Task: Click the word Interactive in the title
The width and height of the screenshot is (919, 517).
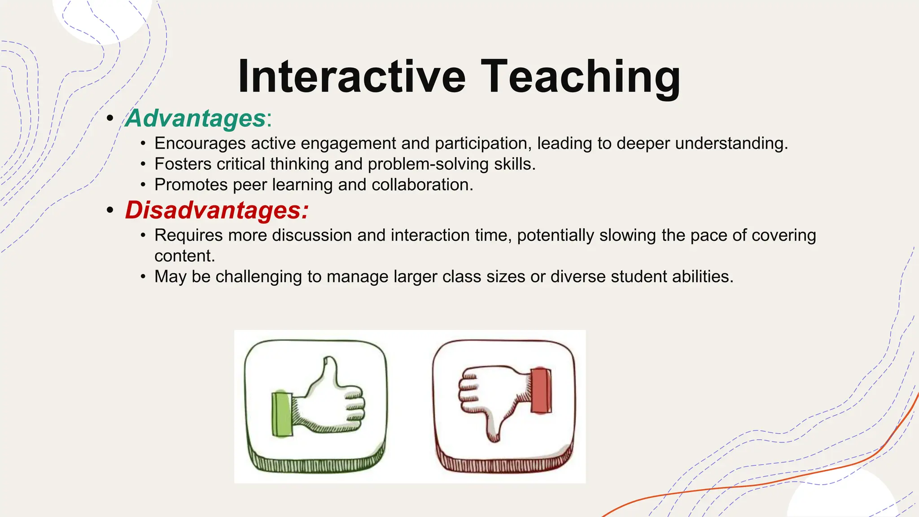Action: point(352,77)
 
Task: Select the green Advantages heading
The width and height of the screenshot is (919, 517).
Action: point(196,118)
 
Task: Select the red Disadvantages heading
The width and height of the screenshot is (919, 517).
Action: point(216,210)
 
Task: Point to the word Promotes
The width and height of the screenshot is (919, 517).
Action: point(191,185)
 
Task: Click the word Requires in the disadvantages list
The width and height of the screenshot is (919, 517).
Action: point(188,236)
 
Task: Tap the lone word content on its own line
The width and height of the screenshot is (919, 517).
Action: point(184,256)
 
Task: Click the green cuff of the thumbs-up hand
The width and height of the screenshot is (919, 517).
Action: point(282,414)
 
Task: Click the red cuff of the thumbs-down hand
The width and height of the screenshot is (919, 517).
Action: point(541,390)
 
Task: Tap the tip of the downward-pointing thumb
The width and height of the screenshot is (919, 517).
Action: point(493,438)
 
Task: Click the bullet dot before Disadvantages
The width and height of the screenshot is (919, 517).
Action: point(110,210)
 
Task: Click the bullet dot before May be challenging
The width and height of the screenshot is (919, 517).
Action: point(143,277)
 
